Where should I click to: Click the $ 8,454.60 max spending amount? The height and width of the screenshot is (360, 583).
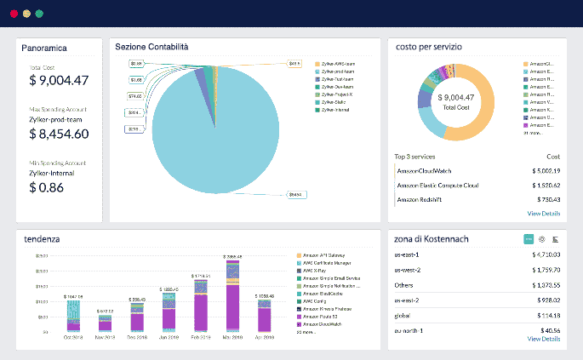59,134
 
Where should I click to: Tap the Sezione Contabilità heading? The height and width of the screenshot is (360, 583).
151,46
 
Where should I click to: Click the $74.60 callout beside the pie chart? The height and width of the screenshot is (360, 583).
135,96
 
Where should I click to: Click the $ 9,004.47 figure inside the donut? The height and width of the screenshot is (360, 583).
455,97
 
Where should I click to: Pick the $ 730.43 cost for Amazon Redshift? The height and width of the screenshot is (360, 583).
544,199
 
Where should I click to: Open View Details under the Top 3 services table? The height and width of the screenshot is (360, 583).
543,214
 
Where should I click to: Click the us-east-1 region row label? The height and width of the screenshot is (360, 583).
407,254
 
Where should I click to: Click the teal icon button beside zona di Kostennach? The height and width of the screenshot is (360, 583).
529,239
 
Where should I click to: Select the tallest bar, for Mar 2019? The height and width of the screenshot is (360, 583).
231,294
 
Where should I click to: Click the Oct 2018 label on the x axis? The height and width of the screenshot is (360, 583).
73,338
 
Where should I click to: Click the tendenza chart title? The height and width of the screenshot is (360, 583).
42,239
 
